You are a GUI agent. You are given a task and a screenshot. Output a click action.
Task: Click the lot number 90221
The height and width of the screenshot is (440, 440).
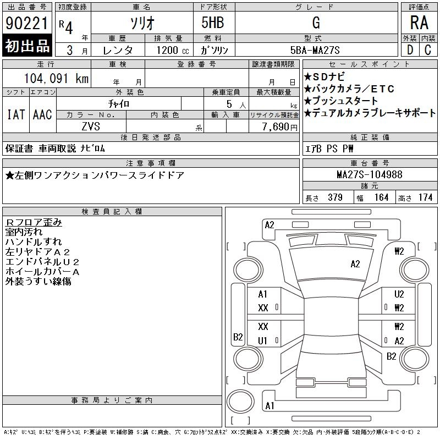tap(26, 23)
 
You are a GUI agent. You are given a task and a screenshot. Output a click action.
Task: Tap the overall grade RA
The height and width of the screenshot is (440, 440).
tap(419, 23)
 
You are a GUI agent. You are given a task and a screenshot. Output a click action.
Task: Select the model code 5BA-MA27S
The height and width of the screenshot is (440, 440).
tap(315, 50)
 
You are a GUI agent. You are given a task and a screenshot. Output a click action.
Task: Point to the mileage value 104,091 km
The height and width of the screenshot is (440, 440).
tap(56, 78)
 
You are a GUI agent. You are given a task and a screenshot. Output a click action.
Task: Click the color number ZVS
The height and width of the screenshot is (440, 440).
tap(91, 127)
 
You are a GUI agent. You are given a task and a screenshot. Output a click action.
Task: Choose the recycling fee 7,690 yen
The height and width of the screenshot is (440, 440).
tap(280, 127)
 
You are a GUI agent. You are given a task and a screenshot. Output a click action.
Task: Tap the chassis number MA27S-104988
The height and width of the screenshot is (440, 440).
tap(370, 174)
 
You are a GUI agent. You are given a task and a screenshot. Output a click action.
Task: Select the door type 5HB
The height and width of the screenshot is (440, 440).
tap(213, 23)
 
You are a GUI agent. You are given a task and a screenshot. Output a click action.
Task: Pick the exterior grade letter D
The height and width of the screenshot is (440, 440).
tap(410, 50)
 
